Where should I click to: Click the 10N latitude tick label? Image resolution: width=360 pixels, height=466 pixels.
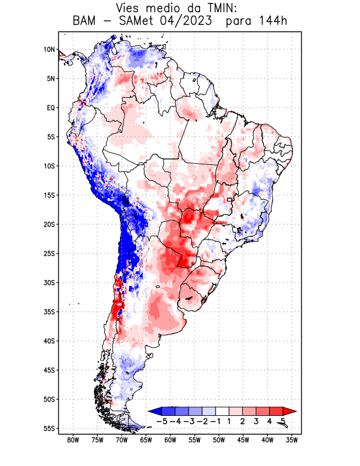[49, 50]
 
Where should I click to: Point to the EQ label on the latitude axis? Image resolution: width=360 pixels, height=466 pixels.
[50, 108]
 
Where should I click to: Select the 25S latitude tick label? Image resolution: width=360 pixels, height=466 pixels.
[48, 253]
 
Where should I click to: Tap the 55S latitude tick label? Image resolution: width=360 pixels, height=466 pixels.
[48, 428]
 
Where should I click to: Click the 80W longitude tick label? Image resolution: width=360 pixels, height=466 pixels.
[73, 440]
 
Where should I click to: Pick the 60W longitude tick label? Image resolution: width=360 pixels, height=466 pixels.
[171, 440]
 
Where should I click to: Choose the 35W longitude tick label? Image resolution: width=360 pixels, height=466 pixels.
[292, 440]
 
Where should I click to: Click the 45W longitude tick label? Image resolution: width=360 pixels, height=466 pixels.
[243, 440]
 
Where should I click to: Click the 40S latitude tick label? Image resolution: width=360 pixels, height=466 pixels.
[48, 341]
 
